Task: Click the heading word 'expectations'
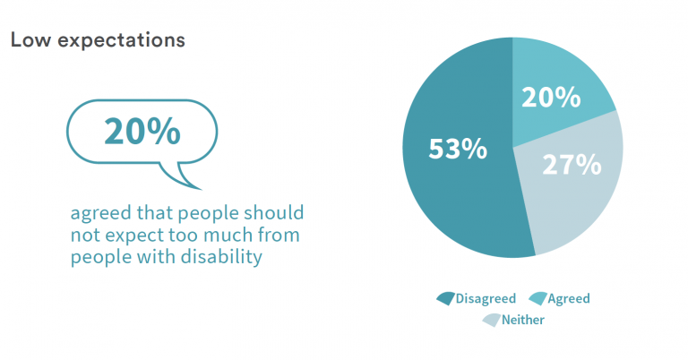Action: point(120,42)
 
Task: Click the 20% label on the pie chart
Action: point(551,97)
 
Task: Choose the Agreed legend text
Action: point(569,298)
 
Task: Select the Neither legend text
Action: point(523,319)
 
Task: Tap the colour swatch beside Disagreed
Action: point(445,298)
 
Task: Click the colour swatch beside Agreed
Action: point(538,298)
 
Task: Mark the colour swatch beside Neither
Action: point(492,319)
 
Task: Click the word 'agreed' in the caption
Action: point(100,214)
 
